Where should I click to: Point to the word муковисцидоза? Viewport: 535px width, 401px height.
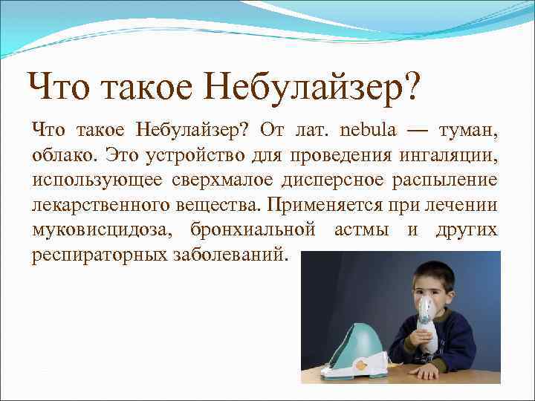coord(100,230)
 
